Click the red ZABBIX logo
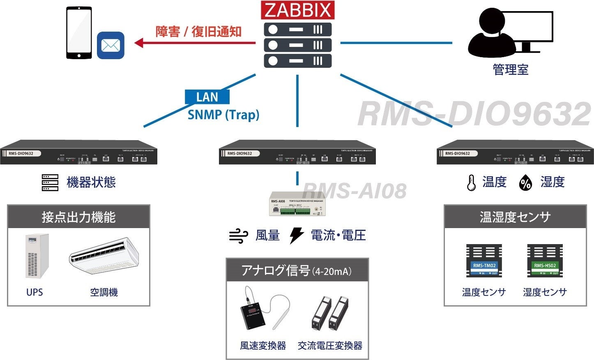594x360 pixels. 297,10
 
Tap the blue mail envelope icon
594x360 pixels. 111,45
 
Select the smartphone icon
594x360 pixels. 79,33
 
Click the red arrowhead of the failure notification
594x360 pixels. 139,42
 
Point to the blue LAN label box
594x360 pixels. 207,97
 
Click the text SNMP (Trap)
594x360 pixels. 223,115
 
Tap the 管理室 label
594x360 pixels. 510,69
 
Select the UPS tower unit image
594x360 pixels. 37,256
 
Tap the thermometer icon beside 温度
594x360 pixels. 471,182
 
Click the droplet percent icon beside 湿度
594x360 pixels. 525,182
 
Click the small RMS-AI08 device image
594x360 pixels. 297,203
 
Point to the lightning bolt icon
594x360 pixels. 296,235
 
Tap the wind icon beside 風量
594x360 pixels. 239,236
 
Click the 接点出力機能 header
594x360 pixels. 78,217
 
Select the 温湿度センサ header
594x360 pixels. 515,217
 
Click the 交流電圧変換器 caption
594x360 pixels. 330,346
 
